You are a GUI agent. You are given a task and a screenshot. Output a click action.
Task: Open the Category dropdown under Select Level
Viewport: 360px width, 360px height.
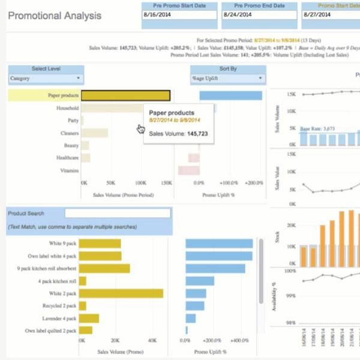(x=46, y=78)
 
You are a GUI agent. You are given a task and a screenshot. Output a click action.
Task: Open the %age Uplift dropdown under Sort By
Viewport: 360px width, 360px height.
(x=228, y=78)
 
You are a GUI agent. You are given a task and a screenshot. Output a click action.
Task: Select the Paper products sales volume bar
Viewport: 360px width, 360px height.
(x=125, y=95)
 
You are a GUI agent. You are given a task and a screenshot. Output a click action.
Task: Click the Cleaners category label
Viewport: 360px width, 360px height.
(x=70, y=133)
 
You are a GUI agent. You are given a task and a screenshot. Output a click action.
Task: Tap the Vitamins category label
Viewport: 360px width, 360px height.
(x=70, y=170)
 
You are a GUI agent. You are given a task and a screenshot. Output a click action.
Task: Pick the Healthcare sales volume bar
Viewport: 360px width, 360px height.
(x=85, y=158)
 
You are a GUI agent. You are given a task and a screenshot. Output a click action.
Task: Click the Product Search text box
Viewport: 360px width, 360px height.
(x=118, y=213)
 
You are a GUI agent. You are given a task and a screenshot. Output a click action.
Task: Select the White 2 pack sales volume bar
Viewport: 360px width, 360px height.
(x=121, y=293)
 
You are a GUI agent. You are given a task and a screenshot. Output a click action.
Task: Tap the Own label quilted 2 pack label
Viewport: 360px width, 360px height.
(x=51, y=331)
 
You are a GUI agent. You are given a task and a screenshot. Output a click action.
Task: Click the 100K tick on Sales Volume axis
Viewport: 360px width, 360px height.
(x=140, y=182)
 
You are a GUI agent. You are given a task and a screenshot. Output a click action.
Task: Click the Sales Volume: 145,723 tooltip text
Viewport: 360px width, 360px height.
(x=178, y=133)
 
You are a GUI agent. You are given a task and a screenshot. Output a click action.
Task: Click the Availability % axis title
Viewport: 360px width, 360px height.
(x=274, y=297)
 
